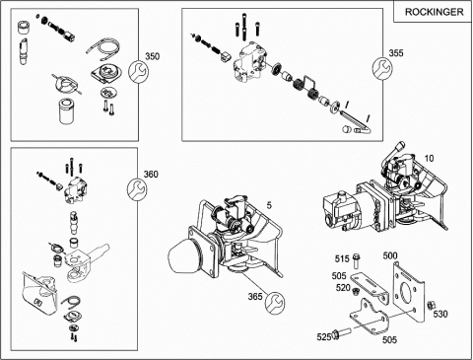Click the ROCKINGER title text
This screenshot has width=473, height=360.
pos(434,12)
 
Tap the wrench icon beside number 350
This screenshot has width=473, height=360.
pos(138,71)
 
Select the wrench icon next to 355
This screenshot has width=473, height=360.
pos(382,68)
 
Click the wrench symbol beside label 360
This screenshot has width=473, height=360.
pos(137,188)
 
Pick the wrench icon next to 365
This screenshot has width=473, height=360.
pos(275,303)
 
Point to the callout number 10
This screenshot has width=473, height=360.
pos(429,159)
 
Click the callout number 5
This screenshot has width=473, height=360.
pos(269,205)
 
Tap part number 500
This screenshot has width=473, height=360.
pos(390,255)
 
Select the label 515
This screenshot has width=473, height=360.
pos(342,259)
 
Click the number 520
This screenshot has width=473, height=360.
pos(343,288)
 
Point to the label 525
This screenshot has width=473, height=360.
pos(324,337)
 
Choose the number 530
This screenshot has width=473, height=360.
pos(440,315)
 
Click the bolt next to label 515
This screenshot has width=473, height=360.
pos(357,261)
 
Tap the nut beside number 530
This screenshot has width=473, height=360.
pos(429,306)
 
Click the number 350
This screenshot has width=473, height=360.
pos(152,56)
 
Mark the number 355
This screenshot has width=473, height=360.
pos(396,53)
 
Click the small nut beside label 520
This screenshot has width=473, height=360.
pos(355,291)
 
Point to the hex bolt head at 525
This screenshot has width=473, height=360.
pos(336,334)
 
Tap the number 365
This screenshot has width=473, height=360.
pos(255,297)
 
